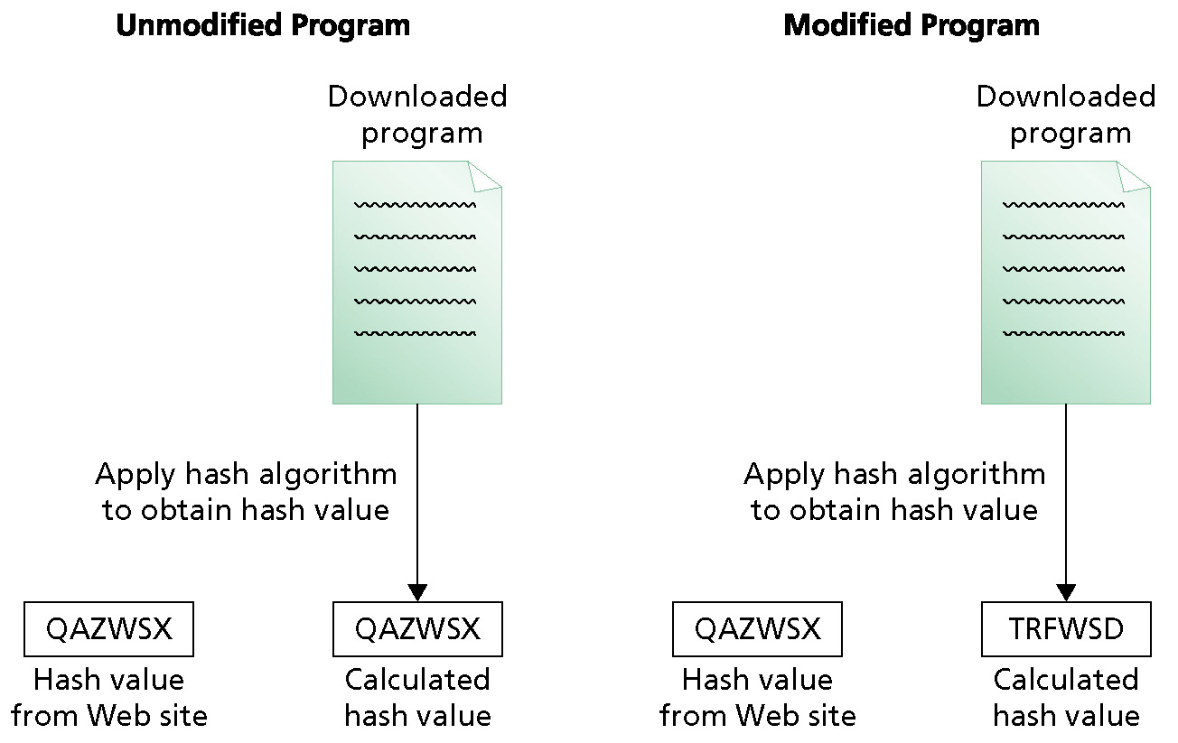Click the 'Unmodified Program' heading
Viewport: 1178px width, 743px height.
click(x=263, y=25)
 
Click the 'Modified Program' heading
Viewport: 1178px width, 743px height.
click(x=912, y=25)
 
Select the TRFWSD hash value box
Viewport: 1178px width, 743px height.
click(x=1066, y=629)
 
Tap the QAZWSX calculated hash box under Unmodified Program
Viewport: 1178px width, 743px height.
click(x=417, y=629)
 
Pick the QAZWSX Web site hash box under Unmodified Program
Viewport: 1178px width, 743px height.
click(x=109, y=629)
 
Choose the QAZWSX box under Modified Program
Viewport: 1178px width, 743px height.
click(x=757, y=629)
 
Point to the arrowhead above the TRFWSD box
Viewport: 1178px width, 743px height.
click(x=1066, y=593)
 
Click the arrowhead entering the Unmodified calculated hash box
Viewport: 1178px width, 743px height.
click(x=417, y=593)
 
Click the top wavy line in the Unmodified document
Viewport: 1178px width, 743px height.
click(x=415, y=205)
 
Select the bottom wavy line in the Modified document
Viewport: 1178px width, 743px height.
click(x=1063, y=333)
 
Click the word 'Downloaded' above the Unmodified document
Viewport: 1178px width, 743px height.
click(x=417, y=97)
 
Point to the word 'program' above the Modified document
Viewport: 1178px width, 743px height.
click(x=1070, y=135)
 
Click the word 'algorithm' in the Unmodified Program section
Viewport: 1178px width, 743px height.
click(x=328, y=475)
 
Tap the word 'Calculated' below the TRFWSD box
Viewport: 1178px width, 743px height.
click(x=1066, y=680)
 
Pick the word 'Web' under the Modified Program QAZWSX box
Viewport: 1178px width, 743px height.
click(x=768, y=716)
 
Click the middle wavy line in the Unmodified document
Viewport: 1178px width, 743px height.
click(x=415, y=269)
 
